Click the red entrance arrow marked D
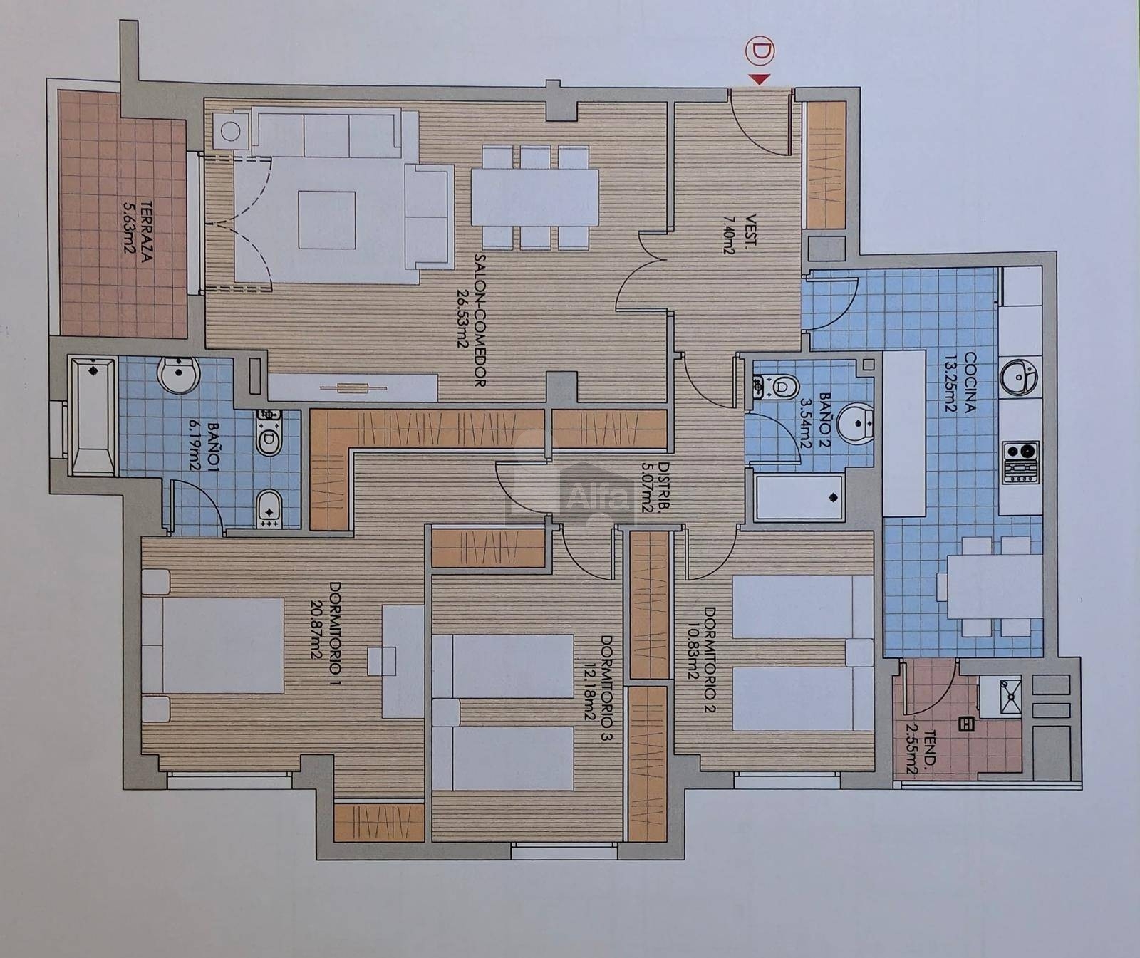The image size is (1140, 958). (x=760, y=79)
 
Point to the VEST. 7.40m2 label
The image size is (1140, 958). (x=741, y=234)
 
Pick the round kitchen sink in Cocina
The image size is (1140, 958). (x=1020, y=376)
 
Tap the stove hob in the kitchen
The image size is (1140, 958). (x=1021, y=462)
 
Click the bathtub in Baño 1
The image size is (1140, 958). (x=93, y=417)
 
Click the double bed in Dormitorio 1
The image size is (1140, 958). (x=214, y=645)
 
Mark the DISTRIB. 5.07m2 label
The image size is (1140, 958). (x=653, y=487)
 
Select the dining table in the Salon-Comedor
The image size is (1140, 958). (x=534, y=197)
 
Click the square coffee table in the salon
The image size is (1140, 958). (x=327, y=220)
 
